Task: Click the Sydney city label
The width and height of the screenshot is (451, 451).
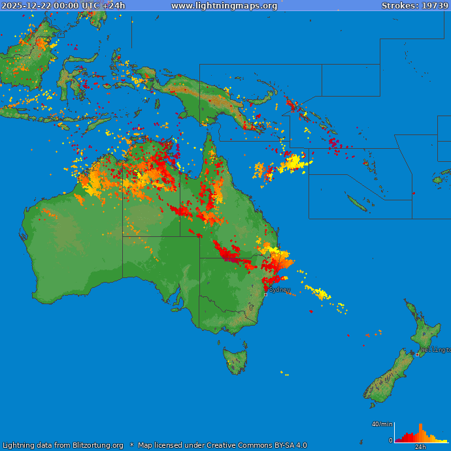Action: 280,289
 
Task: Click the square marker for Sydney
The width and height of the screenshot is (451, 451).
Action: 265,294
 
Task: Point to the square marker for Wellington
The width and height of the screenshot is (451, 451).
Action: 418,354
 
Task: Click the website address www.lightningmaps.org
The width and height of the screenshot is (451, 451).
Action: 224,6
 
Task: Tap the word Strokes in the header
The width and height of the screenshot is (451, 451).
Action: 398,6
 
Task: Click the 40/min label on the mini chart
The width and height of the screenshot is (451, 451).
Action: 382,424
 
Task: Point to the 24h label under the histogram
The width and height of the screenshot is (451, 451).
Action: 421,447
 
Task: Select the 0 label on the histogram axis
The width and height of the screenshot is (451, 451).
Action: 390,441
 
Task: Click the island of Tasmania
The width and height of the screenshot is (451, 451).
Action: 235,360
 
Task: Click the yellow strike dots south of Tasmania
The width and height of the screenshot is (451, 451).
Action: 284,373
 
